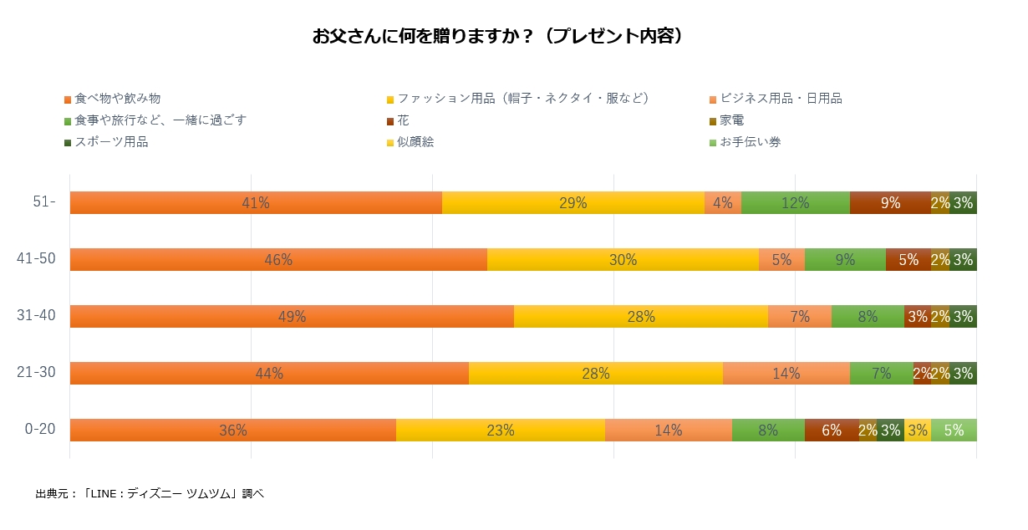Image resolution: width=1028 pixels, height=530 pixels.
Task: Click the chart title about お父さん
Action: click(498, 37)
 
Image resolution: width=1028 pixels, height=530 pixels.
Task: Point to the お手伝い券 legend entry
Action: click(750, 142)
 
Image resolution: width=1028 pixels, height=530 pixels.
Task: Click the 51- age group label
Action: click(42, 201)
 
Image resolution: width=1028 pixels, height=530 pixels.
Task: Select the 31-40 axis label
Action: click(37, 315)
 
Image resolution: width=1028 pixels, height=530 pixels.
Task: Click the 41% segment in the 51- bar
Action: click(256, 202)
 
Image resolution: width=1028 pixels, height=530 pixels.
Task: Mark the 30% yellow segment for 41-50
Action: click(623, 259)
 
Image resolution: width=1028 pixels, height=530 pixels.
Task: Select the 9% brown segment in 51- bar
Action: click(890, 202)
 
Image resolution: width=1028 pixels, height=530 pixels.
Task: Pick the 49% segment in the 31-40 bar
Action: click(292, 316)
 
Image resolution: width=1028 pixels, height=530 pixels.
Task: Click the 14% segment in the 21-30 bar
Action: click(786, 373)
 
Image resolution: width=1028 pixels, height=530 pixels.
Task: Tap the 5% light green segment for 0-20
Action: click(954, 430)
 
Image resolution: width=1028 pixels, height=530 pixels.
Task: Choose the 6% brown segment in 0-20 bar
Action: click(832, 430)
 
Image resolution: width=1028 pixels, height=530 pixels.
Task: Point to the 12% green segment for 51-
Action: click(795, 202)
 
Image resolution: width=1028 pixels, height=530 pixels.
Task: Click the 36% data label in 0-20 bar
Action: click(233, 431)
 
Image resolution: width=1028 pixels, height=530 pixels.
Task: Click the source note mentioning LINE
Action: click(150, 493)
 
